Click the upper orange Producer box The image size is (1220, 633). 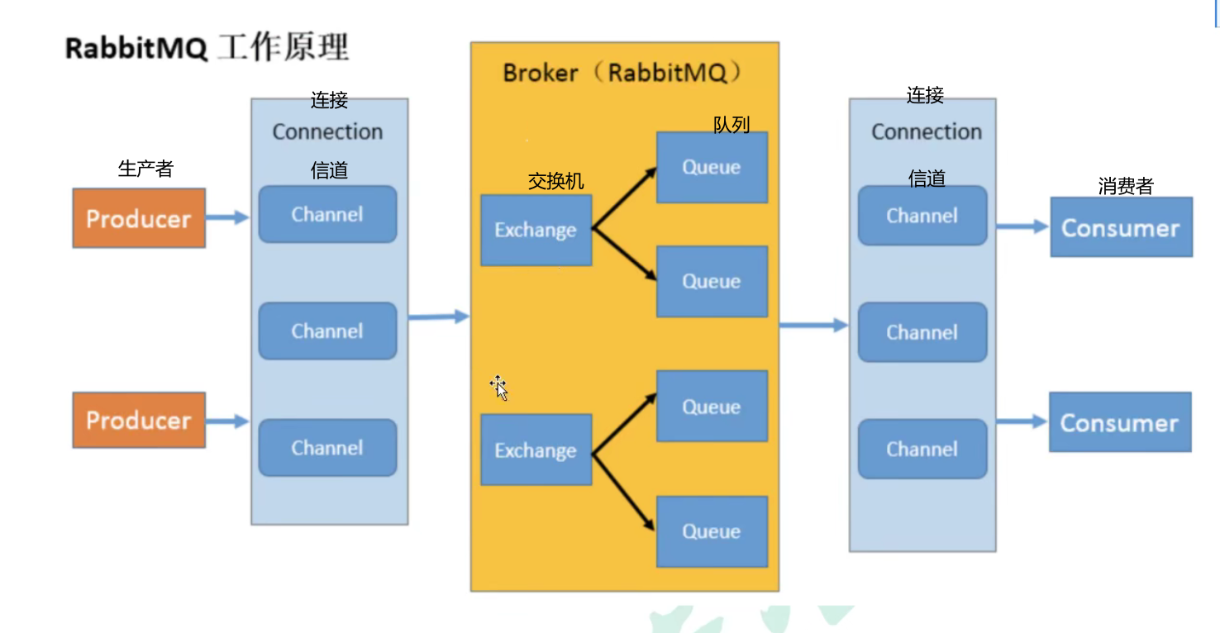coord(139,218)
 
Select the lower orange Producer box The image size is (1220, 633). coord(139,420)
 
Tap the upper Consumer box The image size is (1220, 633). coord(1121,227)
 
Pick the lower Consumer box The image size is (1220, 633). coord(1120,422)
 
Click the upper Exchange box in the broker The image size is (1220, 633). coord(536,230)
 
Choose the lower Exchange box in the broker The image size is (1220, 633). coord(536,450)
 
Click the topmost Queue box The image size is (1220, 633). coord(712,167)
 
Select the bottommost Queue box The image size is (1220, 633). coord(712,531)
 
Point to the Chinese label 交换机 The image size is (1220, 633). coord(555,181)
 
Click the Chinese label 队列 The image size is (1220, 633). coord(731,125)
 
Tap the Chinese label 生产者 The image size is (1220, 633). coord(145,169)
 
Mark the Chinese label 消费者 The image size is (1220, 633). coord(1125,186)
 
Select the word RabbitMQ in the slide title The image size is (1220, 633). coord(136,49)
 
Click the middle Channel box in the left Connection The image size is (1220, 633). coord(327,331)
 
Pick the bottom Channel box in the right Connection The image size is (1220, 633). coord(922,449)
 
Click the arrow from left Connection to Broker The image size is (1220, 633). coord(439,316)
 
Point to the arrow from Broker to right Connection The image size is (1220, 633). coord(813,325)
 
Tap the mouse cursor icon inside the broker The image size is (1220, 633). coord(498,387)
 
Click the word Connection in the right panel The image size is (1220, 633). coord(927,132)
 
